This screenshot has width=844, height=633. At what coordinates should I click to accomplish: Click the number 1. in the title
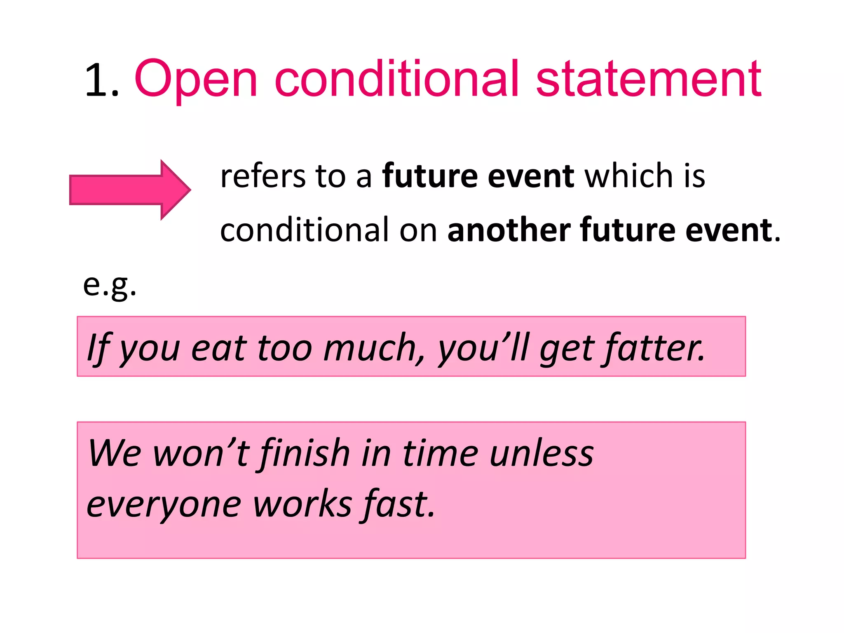click(101, 80)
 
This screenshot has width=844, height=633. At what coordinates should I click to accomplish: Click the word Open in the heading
click(196, 80)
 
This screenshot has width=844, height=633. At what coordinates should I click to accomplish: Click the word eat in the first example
click(218, 349)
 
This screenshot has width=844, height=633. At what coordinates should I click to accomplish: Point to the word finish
click(305, 453)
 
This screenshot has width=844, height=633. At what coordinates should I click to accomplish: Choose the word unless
click(542, 453)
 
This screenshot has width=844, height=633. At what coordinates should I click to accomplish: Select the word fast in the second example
click(398, 505)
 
